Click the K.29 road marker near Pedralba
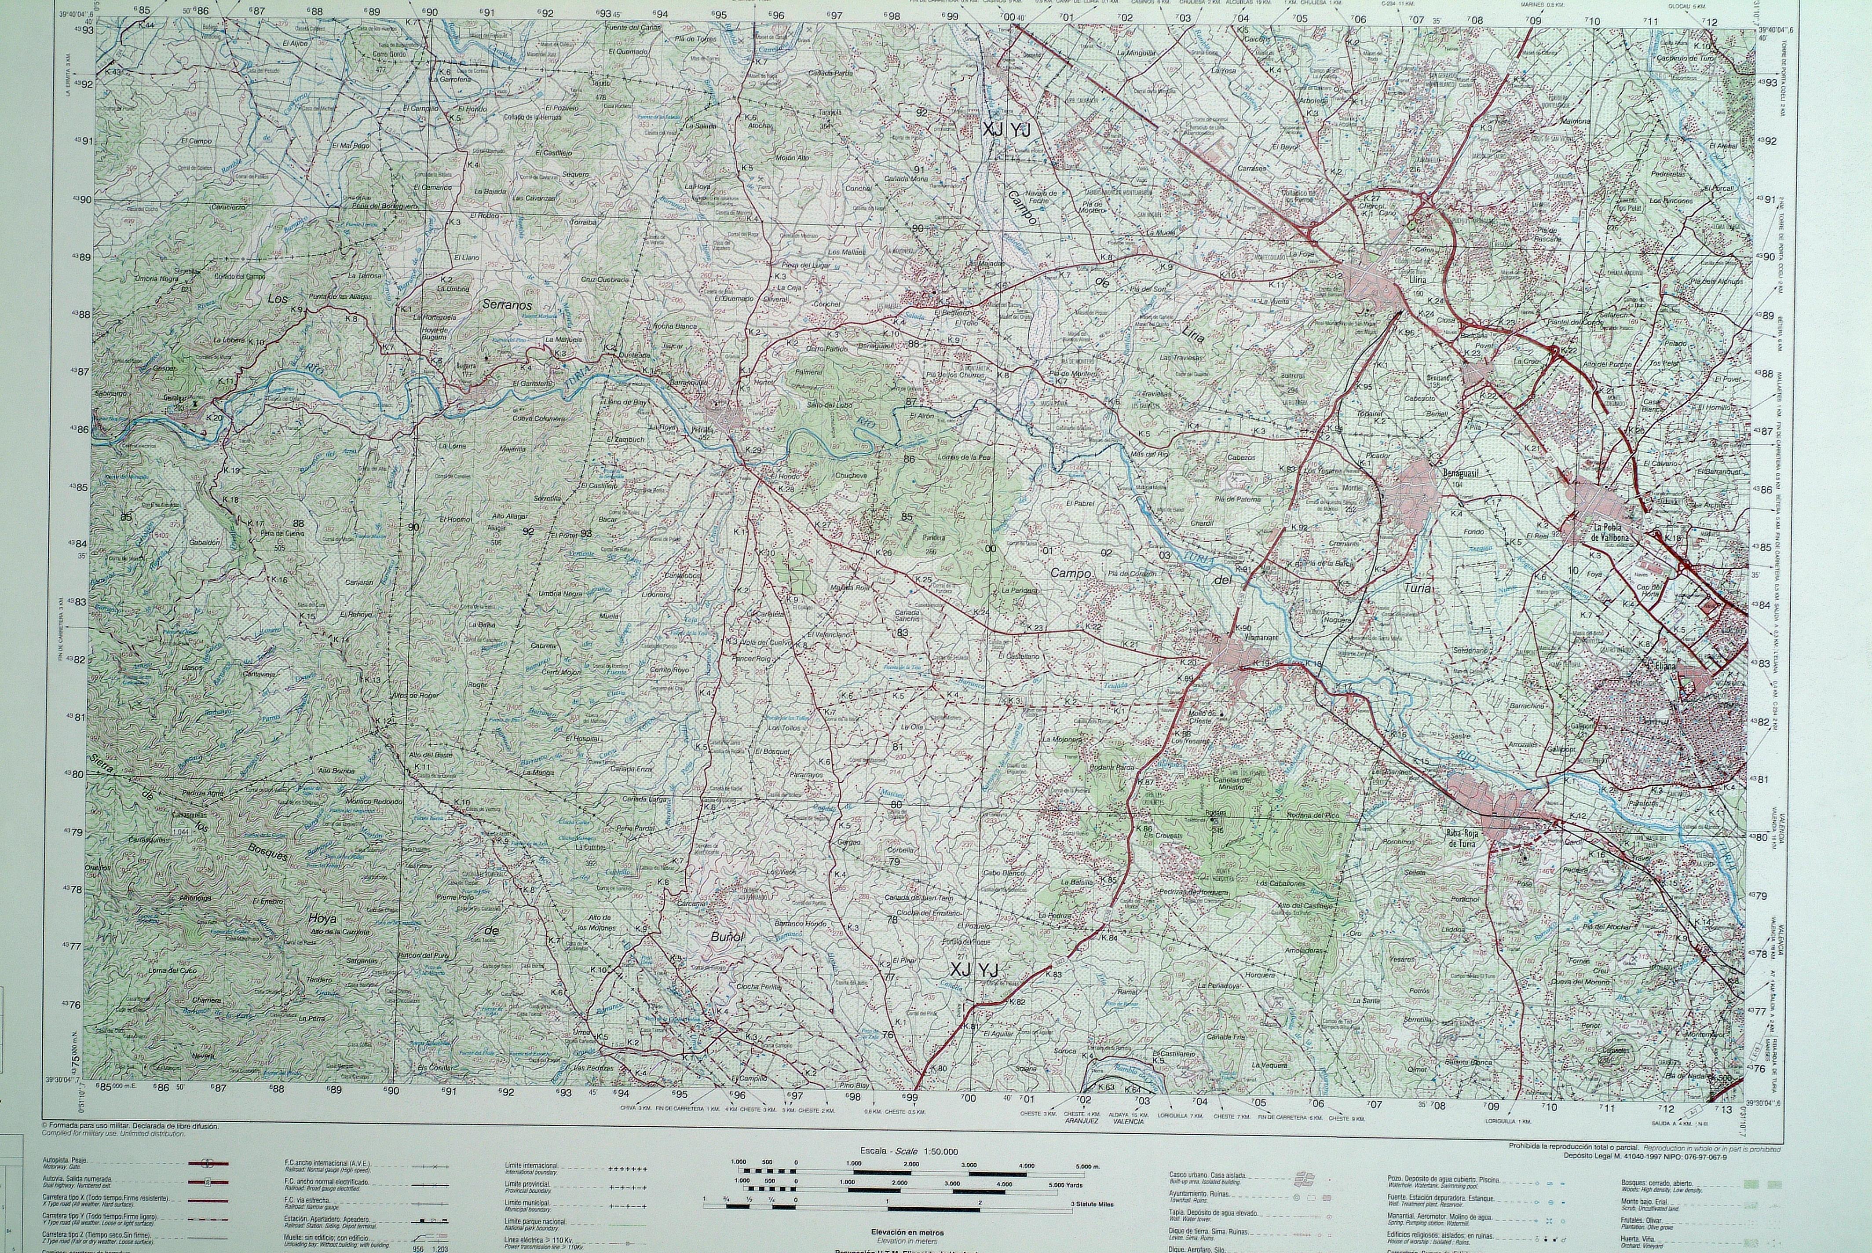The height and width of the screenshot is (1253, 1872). tap(753, 451)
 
